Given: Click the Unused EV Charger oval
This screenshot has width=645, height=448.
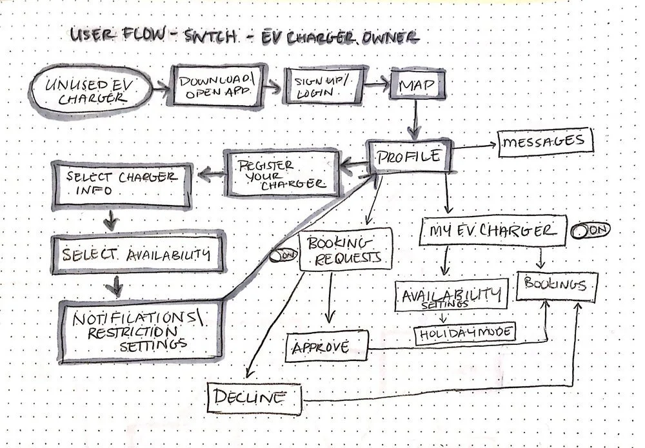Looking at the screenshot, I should tap(91, 92).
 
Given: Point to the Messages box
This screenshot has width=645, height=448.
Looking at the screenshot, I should tap(544, 141).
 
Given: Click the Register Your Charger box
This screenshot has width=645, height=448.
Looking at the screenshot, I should tap(283, 173).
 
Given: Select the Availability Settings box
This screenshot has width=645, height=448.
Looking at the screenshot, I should tap(451, 295).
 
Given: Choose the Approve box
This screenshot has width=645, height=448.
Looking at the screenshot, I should tap(326, 347).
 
